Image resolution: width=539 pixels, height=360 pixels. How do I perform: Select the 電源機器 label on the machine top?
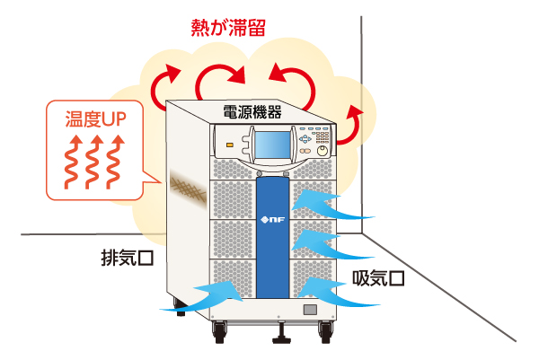[x=252, y=111]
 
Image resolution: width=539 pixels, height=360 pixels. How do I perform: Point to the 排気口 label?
[x=128, y=258]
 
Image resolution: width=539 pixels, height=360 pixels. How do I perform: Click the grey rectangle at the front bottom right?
[x=310, y=310]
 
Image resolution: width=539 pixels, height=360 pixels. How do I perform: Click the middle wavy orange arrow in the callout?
[x=93, y=165]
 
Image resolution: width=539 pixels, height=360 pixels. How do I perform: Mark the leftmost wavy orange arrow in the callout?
[x=72, y=165]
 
